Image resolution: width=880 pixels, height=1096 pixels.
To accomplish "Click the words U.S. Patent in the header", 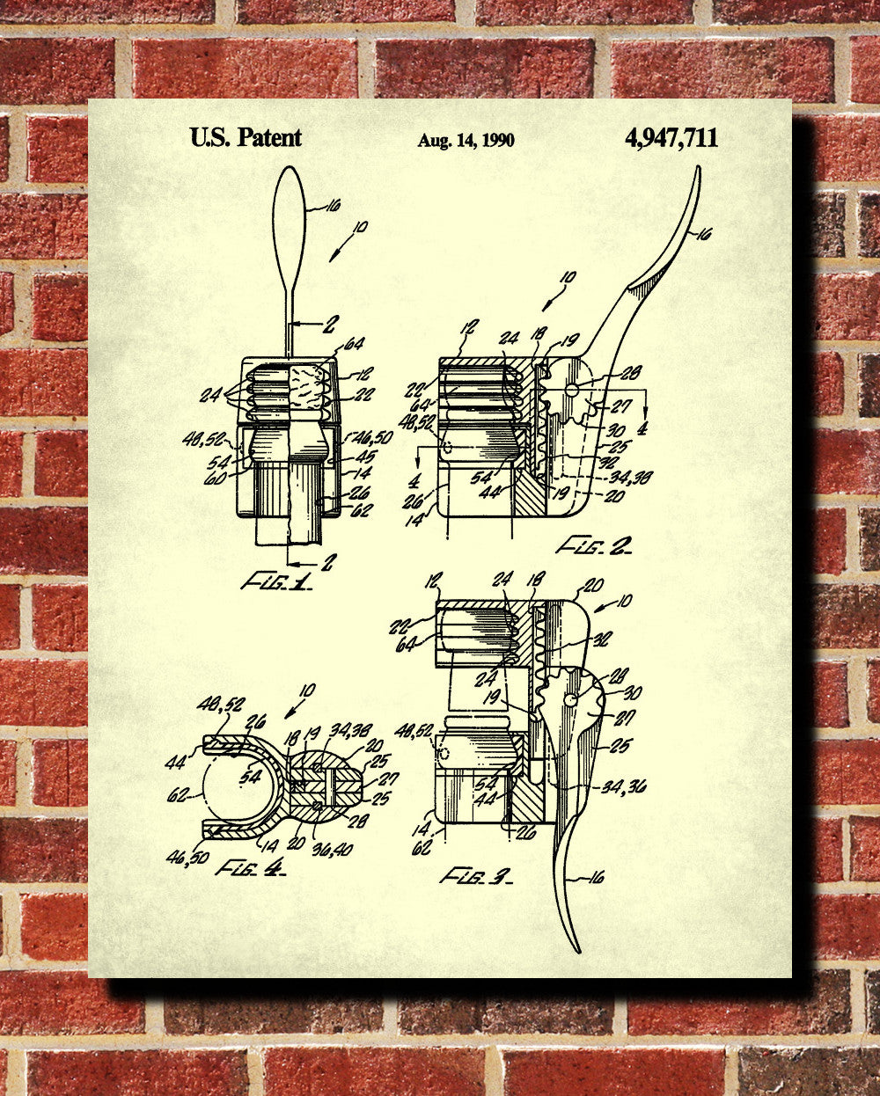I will (x=246, y=137).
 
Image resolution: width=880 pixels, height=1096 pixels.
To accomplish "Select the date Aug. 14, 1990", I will (x=466, y=140).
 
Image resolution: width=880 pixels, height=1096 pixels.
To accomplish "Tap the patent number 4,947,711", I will (x=671, y=137).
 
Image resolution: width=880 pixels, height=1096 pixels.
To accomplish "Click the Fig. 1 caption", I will (x=275, y=581).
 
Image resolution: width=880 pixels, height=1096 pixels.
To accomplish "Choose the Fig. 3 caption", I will (x=475, y=875).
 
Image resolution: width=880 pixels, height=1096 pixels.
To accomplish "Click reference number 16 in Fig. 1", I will (x=333, y=207).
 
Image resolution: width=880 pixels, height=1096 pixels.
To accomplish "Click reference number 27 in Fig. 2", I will (x=621, y=407).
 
